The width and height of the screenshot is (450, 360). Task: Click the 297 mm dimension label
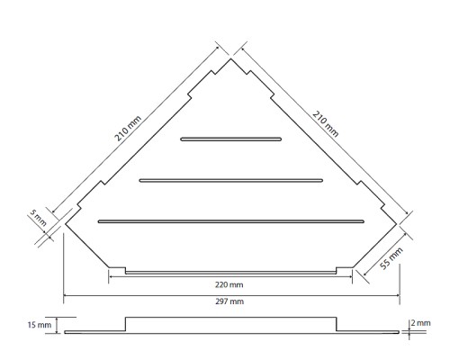coord(229,301)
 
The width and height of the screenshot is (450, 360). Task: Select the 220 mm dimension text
coord(229,284)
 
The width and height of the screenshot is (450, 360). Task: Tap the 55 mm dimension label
coord(391,258)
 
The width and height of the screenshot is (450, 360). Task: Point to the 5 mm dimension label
coord(39,218)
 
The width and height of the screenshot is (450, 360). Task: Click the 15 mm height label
coord(40,325)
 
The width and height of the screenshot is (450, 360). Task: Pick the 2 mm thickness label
coord(420,323)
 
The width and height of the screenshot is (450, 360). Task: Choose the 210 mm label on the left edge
coord(128,129)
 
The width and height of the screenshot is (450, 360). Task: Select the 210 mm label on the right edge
coord(326,123)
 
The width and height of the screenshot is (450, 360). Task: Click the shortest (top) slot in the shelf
coord(231,139)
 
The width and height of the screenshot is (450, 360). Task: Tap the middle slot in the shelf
coord(231,181)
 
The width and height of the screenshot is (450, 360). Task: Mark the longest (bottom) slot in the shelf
coord(231,221)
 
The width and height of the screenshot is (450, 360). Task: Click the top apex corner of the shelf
coord(230,58)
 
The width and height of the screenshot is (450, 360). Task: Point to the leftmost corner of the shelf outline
coord(66,224)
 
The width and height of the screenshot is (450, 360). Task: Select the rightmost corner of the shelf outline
coord(397,224)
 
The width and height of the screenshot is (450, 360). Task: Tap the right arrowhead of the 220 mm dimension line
coord(350,276)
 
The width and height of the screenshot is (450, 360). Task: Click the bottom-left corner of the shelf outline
coord(109,267)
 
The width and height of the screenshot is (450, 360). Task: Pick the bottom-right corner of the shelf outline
coord(353,267)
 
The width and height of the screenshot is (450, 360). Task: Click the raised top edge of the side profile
coord(230,318)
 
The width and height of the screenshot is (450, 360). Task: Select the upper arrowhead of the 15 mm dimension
coord(57,319)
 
